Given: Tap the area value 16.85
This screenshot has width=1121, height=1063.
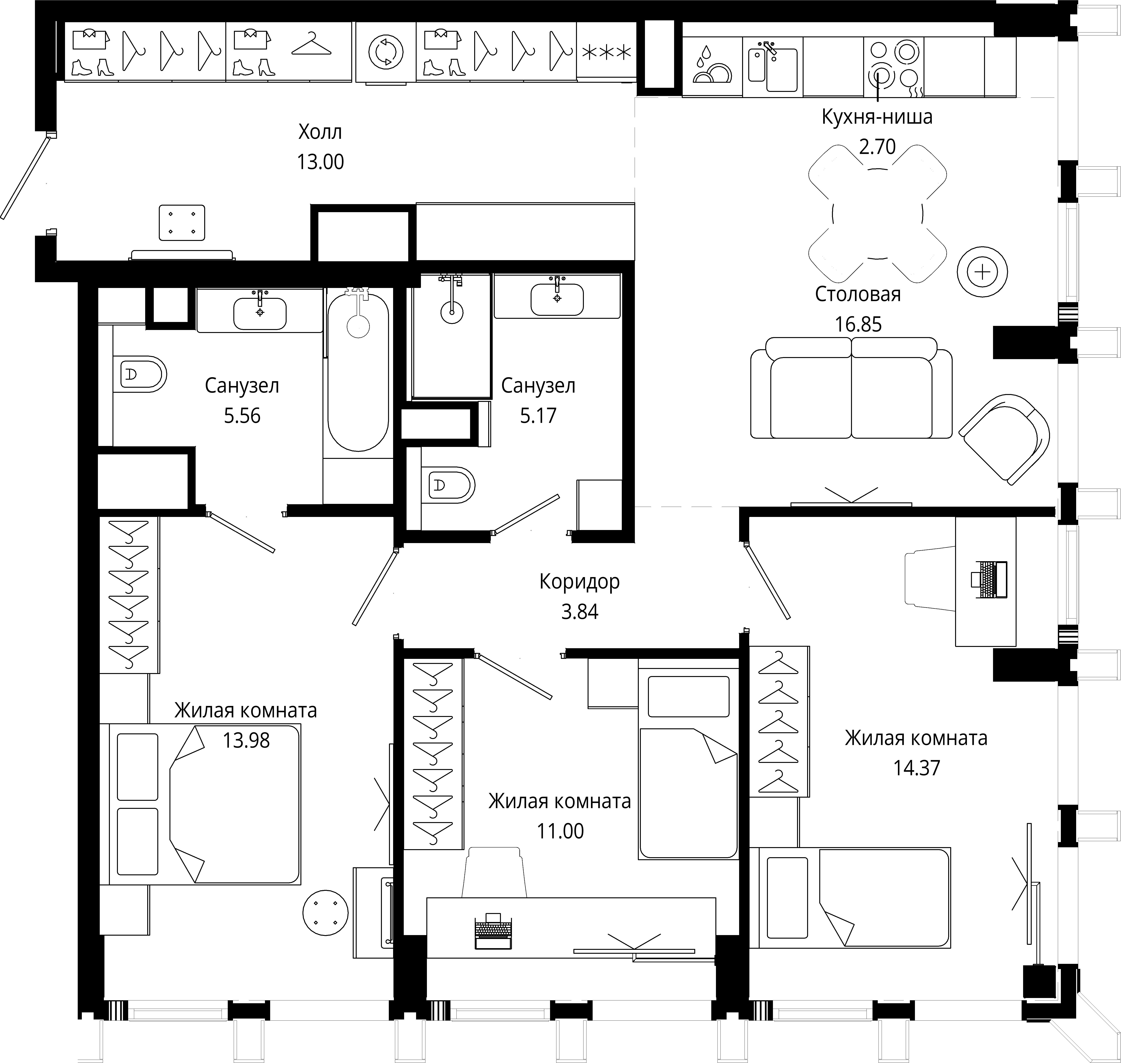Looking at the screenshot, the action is pos(858,325).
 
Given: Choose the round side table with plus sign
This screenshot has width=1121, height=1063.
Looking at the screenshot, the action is pos(982,272).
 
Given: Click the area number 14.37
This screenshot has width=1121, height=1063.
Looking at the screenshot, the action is pos(916,768).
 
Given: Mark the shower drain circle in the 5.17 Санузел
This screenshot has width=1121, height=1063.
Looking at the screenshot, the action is pos(452,312).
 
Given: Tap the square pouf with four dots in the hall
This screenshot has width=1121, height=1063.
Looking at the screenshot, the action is pos(182,223).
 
